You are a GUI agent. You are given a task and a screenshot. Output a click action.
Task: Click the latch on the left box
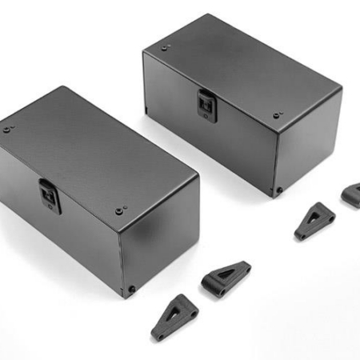click(x=50, y=196)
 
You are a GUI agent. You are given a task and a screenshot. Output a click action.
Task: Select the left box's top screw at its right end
click(x=119, y=211)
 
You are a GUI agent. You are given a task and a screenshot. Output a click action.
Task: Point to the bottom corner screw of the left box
click(x=131, y=289)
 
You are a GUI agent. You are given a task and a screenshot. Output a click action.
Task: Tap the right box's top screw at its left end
click(x=165, y=47)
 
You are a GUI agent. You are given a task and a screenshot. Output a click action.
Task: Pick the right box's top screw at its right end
click(x=277, y=115)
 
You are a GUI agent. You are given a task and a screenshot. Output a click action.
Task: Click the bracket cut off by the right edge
click(x=351, y=195)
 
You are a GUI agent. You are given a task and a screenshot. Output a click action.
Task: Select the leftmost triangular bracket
click(x=177, y=315)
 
